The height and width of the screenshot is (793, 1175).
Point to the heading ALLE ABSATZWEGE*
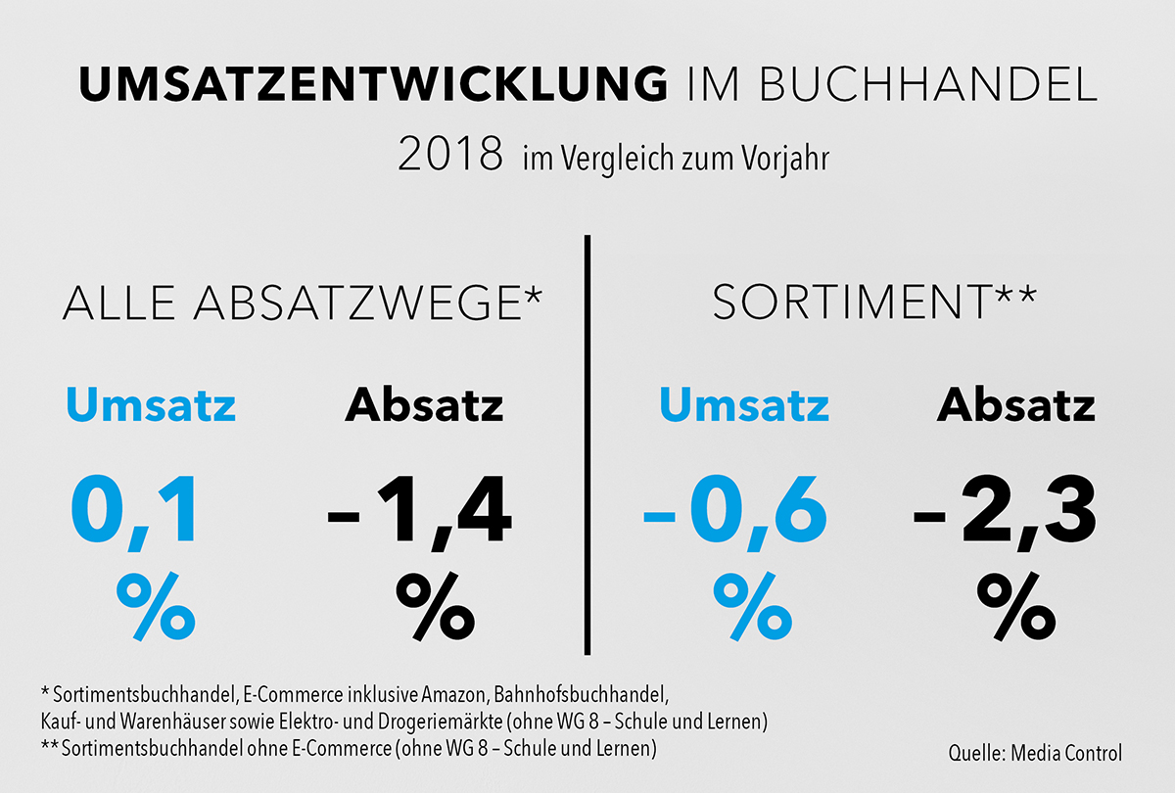pos(301,303)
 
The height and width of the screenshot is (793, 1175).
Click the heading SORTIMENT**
pos(874,303)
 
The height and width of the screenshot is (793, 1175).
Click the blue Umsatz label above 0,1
pos(151,405)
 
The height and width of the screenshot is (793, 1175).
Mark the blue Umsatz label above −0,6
pos(744,405)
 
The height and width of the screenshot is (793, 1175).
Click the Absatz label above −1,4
pos(424,405)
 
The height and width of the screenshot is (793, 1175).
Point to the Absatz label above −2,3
pos(1016,405)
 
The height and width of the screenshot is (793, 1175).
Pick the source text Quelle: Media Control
pos(1035,753)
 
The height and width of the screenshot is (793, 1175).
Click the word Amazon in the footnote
pos(459,696)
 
